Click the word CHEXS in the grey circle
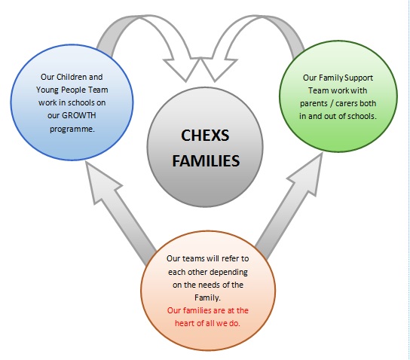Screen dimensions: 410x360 pyautogui.click(x=205, y=136)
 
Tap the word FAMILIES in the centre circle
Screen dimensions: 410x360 pyautogui.click(x=206, y=160)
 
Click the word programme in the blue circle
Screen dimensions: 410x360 pyautogui.click(x=72, y=129)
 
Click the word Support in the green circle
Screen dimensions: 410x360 pyautogui.click(x=359, y=78)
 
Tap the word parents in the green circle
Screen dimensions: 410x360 pyautogui.click(x=314, y=104)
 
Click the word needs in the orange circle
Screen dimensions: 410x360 pyautogui.click(x=210, y=285)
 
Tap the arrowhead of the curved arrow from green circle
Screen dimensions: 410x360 pyautogui.click(x=219, y=69)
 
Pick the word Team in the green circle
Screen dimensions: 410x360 pyautogui.click(x=318, y=90)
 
